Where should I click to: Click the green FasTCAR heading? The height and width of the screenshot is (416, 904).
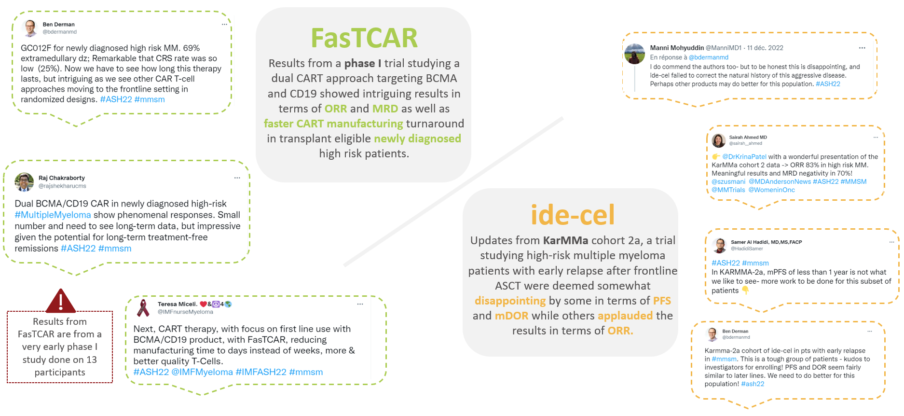[x=364, y=38]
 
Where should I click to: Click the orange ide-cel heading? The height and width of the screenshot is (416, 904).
[x=573, y=215]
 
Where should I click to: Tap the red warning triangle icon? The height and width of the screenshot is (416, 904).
[x=60, y=301]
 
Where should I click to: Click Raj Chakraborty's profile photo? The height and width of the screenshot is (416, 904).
[x=24, y=182]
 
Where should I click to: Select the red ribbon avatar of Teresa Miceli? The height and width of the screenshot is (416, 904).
[x=143, y=308]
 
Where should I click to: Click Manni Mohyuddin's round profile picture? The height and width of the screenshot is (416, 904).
[x=634, y=54]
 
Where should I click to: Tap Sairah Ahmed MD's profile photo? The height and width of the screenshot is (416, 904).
[x=719, y=140]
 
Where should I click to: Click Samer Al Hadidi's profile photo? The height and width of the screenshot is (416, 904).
[x=720, y=245]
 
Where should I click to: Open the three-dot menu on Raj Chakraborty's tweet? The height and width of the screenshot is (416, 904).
[x=237, y=178]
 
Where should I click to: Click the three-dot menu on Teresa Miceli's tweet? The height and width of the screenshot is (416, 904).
[x=360, y=304]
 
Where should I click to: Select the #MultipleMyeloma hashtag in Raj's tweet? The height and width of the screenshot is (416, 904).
[x=53, y=215]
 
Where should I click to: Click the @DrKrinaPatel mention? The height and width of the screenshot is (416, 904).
[x=744, y=157]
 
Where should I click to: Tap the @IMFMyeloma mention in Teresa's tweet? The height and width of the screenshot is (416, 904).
[x=202, y=372]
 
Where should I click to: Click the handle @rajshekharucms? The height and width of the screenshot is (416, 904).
[x=62, y=186]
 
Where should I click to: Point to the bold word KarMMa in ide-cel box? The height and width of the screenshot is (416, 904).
[x=565, y=240]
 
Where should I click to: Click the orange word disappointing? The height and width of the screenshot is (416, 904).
[x=510, y=301]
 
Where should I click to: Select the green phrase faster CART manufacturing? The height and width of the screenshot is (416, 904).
[x=333, y=124]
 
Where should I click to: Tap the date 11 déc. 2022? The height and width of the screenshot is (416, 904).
[x=765, y=48]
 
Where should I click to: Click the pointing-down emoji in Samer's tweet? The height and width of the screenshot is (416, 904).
[x=745, y=291]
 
